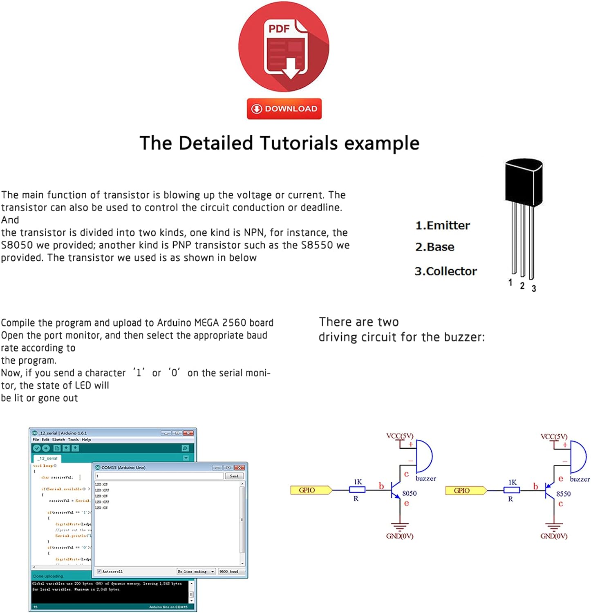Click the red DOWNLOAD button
284,109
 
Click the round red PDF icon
284,47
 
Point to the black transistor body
523,182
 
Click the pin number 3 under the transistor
534,289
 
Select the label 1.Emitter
443,225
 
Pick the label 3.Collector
445,271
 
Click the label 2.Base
435,247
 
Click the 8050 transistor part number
410,493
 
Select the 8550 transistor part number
564,494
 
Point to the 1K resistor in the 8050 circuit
357,490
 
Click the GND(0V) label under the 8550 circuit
554,536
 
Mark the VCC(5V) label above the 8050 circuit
400,436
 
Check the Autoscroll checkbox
99,571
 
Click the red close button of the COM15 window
240,468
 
